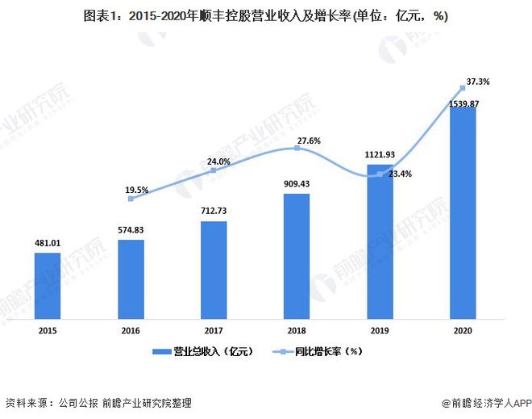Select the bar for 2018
point(296,255)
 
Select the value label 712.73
point(213,211)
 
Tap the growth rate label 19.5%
point(137,190)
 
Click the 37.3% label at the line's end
point(478,82)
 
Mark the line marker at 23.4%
point(380,174)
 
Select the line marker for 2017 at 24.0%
point(214,170)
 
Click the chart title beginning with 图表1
point(265,15)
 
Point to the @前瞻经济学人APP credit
point(481,402)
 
